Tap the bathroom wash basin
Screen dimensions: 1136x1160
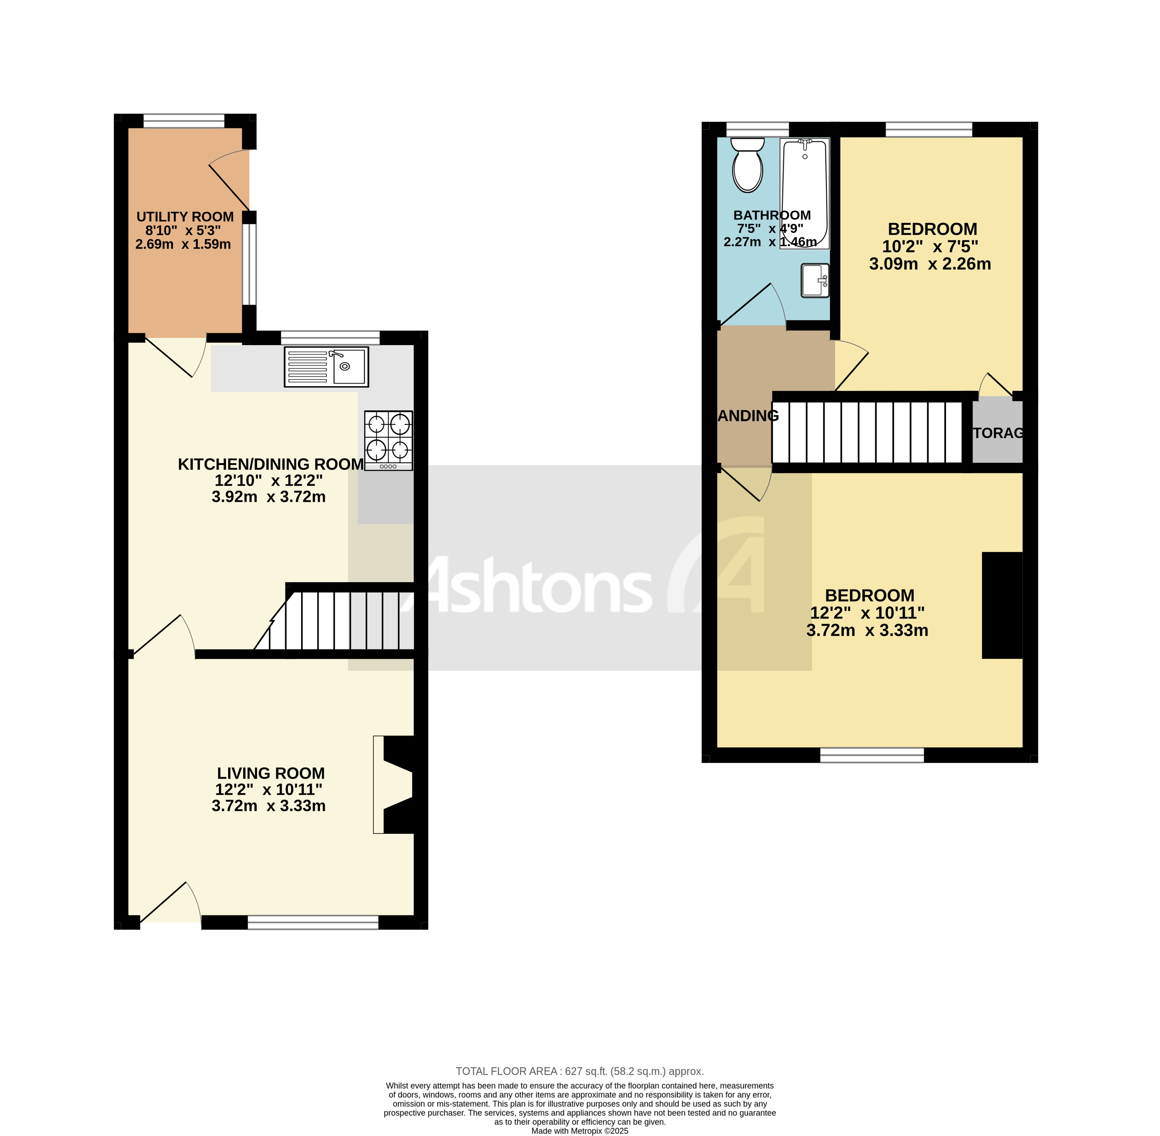pos(815,280)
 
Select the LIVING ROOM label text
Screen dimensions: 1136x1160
pos(271,773)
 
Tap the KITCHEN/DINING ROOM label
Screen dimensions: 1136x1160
pos(271,464)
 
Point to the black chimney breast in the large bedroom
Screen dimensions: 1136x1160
pos(1002,606)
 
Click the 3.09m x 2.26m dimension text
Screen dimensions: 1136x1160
pos(929,264)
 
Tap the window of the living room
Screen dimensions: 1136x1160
pos(313,922)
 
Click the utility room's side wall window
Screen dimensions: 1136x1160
pos(249,264)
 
